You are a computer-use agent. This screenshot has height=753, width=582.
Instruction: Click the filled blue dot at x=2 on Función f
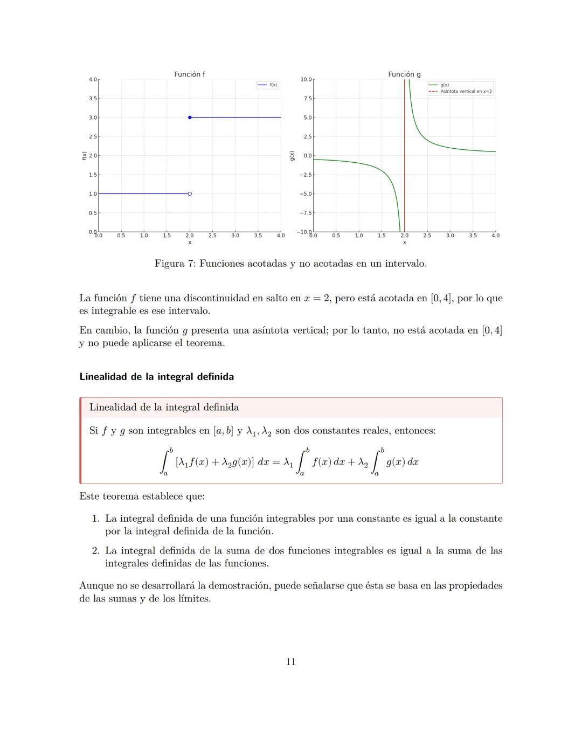(x=190, y=118)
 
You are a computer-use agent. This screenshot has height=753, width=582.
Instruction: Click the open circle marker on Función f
(x=190, y=194)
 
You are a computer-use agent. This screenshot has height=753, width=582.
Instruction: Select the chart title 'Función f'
(x=189, y=74)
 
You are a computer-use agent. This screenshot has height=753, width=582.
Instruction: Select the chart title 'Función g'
(x=404, y=74)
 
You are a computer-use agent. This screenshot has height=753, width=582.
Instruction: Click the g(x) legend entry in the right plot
(x=445, y=85)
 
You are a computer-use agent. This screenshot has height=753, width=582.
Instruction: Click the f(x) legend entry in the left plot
(x=273, y=85)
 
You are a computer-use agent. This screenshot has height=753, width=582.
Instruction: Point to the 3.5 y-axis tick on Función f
(x=93, y=99)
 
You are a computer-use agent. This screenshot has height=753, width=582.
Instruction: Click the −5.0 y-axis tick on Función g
(x=306, y=194)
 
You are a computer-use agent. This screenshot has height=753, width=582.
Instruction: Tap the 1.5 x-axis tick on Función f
(x=167, y=236)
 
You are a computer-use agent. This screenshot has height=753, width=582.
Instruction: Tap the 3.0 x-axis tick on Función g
(x=450, y=236)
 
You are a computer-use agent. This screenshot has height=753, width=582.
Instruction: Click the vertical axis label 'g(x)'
(x=292, y=156)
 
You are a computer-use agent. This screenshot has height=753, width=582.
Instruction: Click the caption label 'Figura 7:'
(x=175, y=264)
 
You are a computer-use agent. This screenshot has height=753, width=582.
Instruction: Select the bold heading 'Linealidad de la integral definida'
(x=156, y=377)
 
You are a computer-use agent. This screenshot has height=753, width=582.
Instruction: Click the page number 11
(x=290, y=662)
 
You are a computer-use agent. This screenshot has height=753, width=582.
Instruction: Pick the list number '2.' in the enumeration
(x=96, y=551)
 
